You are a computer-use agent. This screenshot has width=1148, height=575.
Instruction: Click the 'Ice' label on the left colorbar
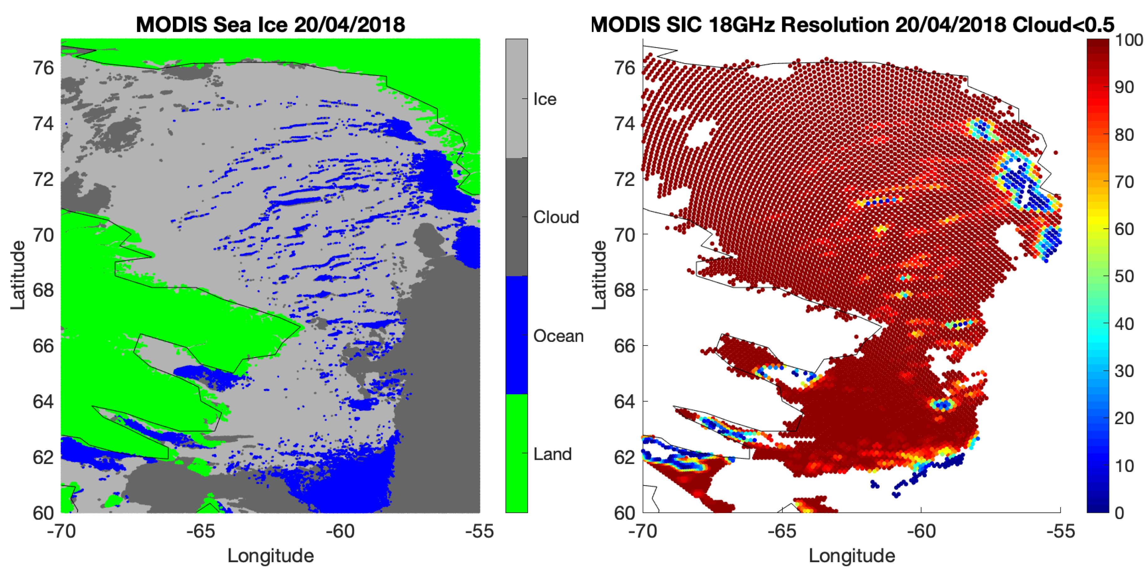pyautogui.click(x=545, y=99)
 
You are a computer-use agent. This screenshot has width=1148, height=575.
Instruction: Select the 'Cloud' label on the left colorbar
pyautogui.click(x=556, y=217)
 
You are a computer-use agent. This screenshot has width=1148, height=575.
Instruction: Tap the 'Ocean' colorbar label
pyautogui.click(x=558, y=336)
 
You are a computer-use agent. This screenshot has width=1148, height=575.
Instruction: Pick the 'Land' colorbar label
pyautogui.click(x=552, y=454)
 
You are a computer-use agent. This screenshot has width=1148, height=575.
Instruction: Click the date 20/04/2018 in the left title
pyautogui.click(x=349, y=24)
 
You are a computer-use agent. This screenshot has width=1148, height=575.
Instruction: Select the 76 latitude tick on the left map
pyautogui.click(x=43, y=68)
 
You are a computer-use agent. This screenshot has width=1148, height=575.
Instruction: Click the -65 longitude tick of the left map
pyautogui.click(x=200, y=531)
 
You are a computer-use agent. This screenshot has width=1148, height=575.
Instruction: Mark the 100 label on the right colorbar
pyautogui.click(x=1128, y=40)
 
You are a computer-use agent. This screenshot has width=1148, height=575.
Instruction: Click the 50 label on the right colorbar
pyautogui.click(x=1124, y=276)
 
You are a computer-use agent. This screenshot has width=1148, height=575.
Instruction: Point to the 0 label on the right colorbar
pyautogui.click(x=1119, y=513)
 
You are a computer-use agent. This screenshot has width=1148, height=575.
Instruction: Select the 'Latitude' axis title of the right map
pyautogui.click(x=599, y=275)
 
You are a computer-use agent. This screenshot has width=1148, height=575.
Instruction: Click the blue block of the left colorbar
pyautogui.click(x=516, y=335)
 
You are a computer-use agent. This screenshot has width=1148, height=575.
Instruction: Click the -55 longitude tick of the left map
pyautogui.click(x=479, y=531)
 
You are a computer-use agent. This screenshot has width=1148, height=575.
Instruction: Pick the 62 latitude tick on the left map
pyautogui.click(x=43, y=457)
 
